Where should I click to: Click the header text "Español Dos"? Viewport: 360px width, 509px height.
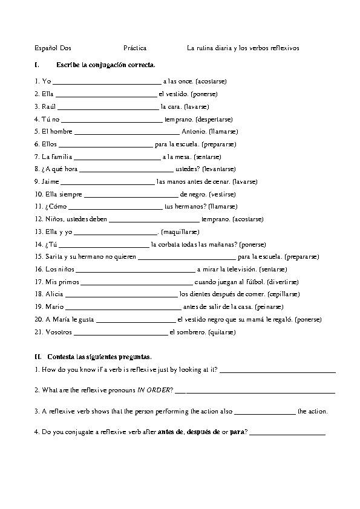tap(53, 47)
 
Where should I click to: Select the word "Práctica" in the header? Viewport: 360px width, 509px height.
tap(134, 47)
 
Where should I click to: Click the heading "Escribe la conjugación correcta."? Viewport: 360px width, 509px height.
tap(105, 64)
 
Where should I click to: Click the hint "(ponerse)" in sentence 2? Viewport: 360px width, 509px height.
tap(204, 94)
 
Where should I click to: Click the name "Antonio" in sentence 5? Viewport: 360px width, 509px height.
tap(193, 132)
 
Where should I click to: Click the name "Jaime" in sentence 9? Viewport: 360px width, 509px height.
tap(50, 181)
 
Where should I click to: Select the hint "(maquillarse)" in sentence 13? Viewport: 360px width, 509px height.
tap(180, 232)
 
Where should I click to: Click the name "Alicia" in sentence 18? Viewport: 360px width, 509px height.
tap(54, 294)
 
